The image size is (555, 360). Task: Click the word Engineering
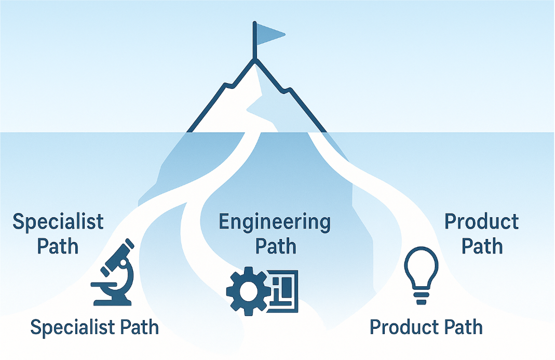coord(275,222)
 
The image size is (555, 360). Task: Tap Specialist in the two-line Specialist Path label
coord(58,222)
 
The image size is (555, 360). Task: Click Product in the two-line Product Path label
coord(482,222)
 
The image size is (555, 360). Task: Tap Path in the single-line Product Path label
coord(463,327)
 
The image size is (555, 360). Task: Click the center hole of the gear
coord(246,290)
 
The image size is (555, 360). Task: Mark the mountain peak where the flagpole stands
coord(254,60)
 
